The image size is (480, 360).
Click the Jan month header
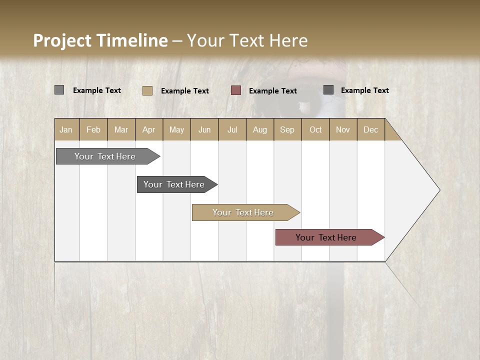[66, 129]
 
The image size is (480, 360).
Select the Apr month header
[149, 129]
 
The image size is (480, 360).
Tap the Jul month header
[232, 129]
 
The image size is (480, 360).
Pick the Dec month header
[370, 129]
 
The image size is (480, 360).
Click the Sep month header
[287, 129]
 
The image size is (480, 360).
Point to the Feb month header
[93, 129]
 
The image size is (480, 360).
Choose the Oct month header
[315, 129]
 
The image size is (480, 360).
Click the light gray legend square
[59, 90]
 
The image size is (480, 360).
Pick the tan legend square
[147, 90]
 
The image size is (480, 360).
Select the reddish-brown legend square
[236, 90]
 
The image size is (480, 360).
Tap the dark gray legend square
[328, 90]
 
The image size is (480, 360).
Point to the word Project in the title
[62, 40]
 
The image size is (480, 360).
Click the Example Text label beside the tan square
[184, 91]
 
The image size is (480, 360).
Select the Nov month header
[343, 129]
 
